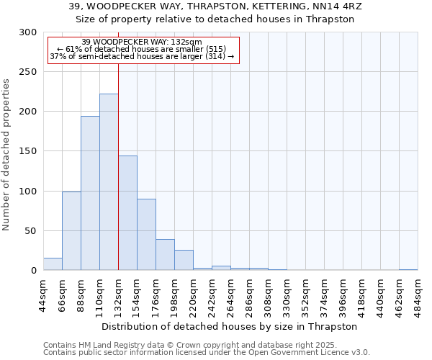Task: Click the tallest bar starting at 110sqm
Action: pos(109,182)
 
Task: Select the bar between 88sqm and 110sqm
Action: pos(90,193)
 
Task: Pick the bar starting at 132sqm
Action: pos(127,213)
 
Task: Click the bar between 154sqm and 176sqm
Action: pos(146,234)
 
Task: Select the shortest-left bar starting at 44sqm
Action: pos(53,264)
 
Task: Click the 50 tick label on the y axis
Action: pos(31,231)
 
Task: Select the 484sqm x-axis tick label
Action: pos(418,294)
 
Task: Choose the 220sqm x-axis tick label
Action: pos(193,294)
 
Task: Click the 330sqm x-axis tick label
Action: pos(287,294)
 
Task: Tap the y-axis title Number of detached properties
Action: pos(7,155)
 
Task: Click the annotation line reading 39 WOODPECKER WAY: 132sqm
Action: pos(141,42)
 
